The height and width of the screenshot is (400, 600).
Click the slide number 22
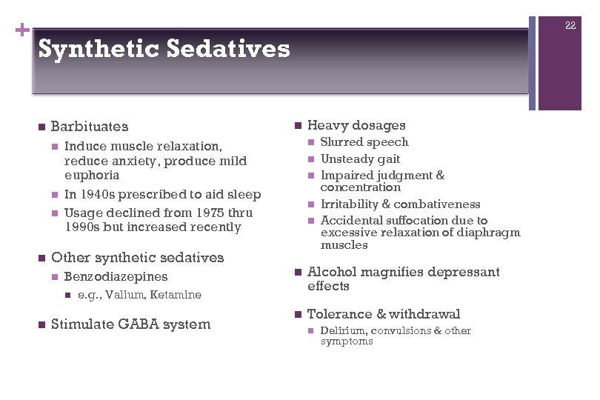[570, 26]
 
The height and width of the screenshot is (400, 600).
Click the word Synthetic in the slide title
[98, 50]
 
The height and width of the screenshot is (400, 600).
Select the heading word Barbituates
[90, 127]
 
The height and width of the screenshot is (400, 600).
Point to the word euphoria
[91, 176]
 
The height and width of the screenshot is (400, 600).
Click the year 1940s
[100, 195]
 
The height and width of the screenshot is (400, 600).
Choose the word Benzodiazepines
[116, 277]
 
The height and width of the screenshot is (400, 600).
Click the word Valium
[123, 295]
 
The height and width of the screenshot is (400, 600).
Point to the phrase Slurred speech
[364, 142]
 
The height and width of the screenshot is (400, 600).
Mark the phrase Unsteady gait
[360, 159]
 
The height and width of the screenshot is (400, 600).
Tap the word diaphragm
[493, 233]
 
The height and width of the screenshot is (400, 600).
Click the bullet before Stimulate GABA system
[41, 324]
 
